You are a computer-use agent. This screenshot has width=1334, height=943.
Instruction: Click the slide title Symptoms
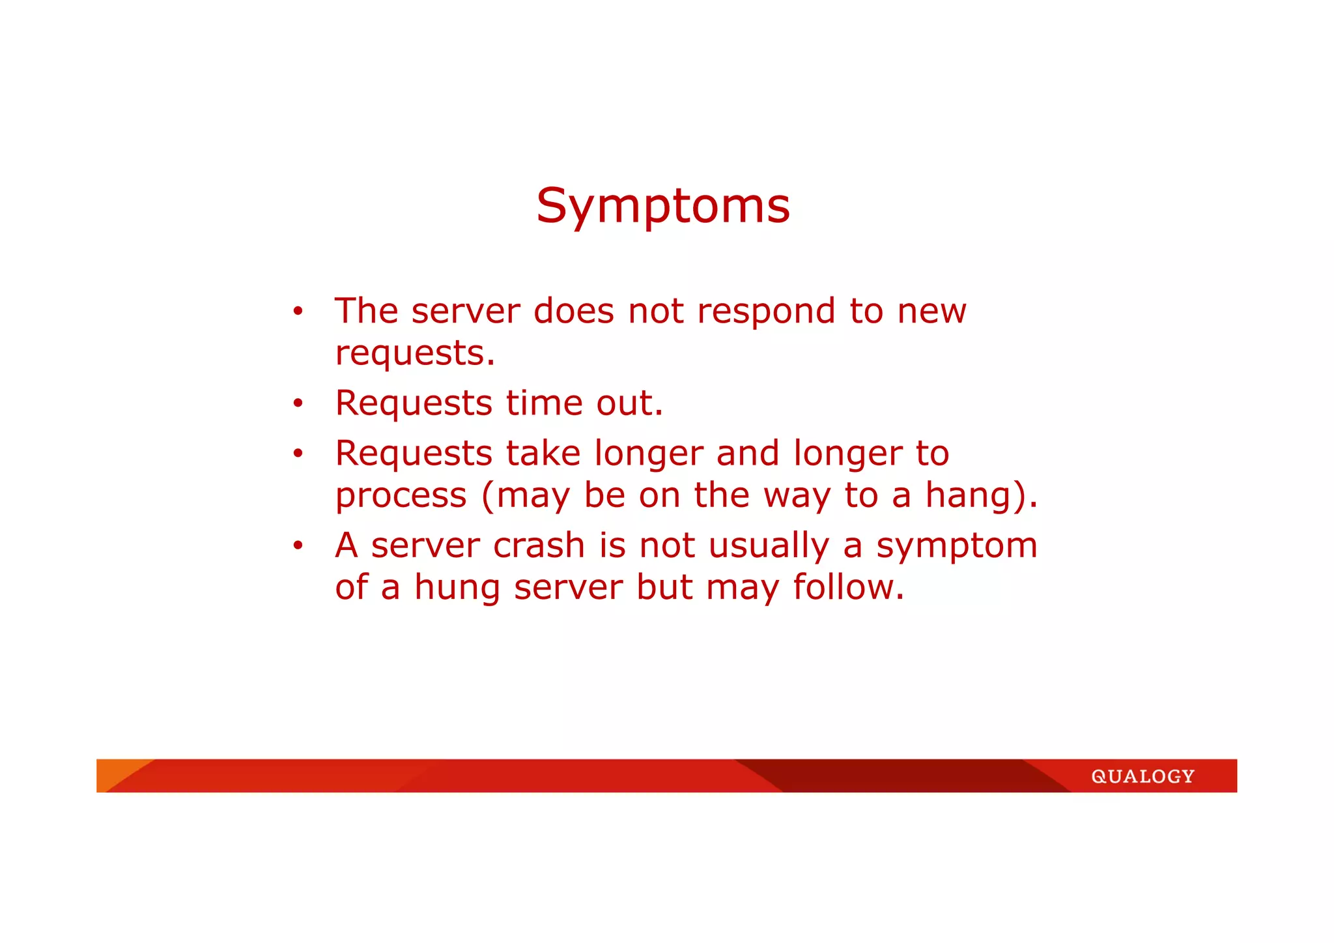point(662,207)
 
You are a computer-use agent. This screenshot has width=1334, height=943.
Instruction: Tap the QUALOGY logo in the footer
point(1142,776)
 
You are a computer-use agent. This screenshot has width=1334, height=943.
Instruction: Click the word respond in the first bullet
point(766,312)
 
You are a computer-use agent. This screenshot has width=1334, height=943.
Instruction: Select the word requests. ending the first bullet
point(415,354)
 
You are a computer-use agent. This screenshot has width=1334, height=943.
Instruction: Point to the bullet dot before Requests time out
point(298,403)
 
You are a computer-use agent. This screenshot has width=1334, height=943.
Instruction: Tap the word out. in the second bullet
point(629,403)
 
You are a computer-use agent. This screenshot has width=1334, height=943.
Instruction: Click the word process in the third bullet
point(401,497)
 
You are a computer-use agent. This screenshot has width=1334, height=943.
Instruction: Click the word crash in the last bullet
point(539,545)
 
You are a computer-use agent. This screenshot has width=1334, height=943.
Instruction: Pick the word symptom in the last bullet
point(956,547)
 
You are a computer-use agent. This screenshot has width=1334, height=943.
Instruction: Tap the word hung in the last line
point(457,588)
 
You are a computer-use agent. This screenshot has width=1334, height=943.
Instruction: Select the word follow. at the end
point(848,587)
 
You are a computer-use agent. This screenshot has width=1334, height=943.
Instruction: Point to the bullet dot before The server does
point(298,311)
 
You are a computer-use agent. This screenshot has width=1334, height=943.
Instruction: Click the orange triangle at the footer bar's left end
point(114,770)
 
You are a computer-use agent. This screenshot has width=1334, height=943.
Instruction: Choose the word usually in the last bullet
point(769,547)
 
